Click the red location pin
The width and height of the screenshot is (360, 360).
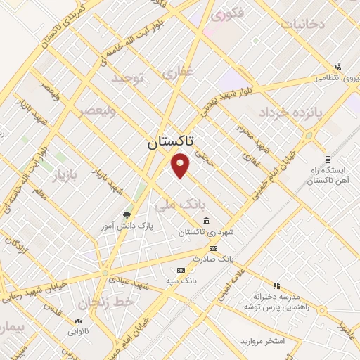pos(181,164)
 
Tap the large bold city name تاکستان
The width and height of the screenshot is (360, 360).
pos(172,143)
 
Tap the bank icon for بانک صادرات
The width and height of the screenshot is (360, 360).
pos(213,249)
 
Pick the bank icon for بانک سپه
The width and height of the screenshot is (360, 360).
pos(181,270)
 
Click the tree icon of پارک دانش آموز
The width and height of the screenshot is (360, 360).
pos(127,215)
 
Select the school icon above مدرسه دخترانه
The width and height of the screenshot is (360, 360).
pos(276,285)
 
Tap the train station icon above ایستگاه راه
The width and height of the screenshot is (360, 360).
pos(327,160)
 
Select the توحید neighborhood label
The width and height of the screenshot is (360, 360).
pos(127,80)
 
